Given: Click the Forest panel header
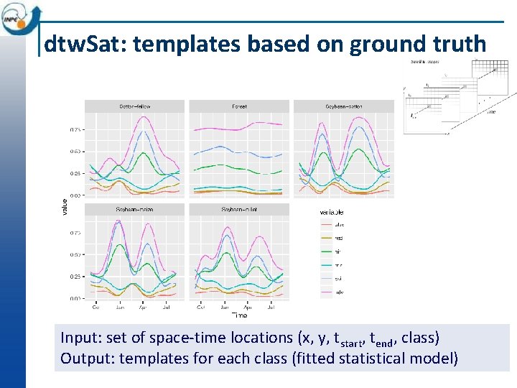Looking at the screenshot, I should (x=239, y=106).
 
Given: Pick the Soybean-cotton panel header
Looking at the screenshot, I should (x=343, y=106).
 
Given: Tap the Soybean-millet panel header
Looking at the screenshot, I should (x=239, y=210).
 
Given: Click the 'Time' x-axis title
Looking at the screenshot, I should (x=239, y=315).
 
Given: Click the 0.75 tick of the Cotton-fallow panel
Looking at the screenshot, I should (x=75, y=130).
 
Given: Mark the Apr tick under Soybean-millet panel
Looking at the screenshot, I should (x=248, y=307).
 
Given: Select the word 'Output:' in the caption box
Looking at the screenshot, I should (x=85, y=358).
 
